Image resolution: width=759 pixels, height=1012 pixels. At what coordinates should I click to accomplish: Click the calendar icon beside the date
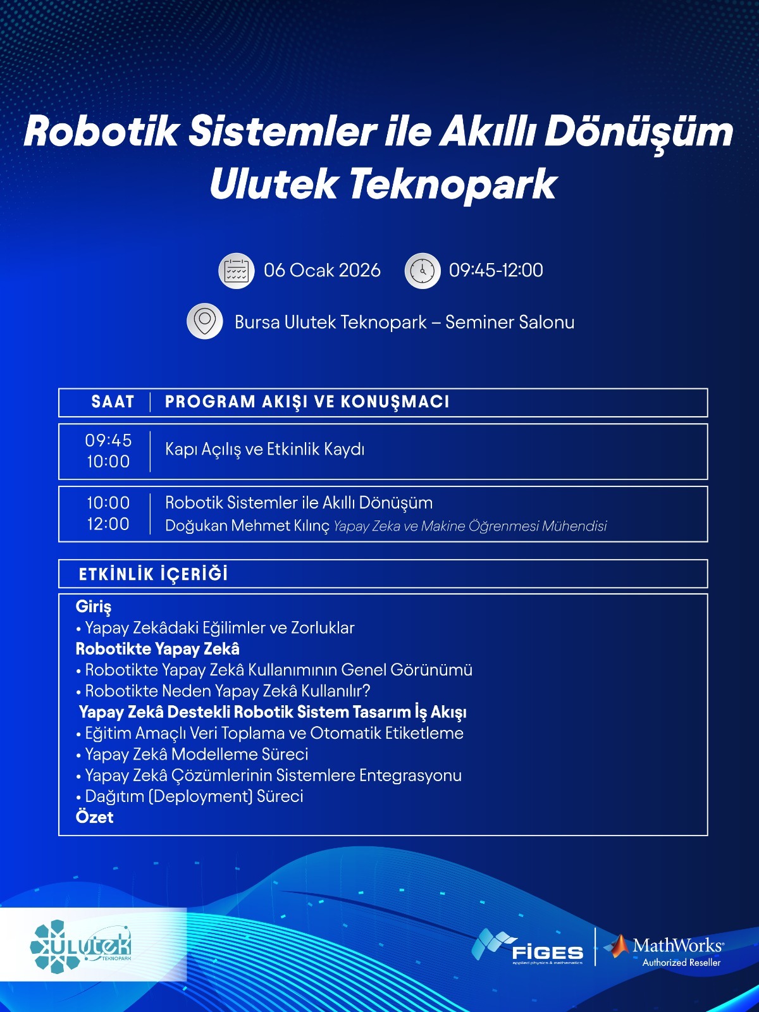coord(236,271)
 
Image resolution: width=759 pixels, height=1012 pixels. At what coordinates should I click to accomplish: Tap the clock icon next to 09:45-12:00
coord(422,271)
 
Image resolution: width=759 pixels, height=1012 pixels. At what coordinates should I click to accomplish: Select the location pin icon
coord(204,321)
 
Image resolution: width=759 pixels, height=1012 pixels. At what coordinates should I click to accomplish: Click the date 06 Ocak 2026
coord(322,271)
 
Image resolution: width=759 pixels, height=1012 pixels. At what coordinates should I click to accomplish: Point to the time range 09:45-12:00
coord(496,271)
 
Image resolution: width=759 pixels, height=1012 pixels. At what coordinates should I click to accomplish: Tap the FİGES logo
coord(528,947)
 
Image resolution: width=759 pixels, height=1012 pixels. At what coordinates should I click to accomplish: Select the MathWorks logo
coord(664,951)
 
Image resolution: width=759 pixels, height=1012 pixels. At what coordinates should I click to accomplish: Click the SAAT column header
coord(113,402)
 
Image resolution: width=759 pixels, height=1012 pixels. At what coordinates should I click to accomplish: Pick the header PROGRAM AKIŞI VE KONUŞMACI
coord(307,402)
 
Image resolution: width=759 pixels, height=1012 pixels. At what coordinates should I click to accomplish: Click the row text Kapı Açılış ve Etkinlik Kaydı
coord(264,450)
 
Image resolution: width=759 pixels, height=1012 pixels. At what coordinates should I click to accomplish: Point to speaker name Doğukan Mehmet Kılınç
coord(247,526)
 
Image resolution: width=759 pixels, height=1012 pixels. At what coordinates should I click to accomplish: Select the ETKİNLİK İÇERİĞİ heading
coord(153,574)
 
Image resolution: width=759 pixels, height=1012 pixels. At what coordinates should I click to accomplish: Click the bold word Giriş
coord(94,607)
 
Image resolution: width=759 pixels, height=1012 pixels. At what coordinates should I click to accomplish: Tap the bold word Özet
coord(94,817)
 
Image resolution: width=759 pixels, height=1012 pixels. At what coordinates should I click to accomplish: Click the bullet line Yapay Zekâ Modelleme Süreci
coord(196,754)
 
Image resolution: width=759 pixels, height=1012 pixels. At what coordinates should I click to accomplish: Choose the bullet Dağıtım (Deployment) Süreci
coord(194,796)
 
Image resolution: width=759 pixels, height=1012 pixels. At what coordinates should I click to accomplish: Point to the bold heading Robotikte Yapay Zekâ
coord(157,649)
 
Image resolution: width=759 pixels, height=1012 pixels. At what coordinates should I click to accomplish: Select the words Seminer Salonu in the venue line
coord(510,322)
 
